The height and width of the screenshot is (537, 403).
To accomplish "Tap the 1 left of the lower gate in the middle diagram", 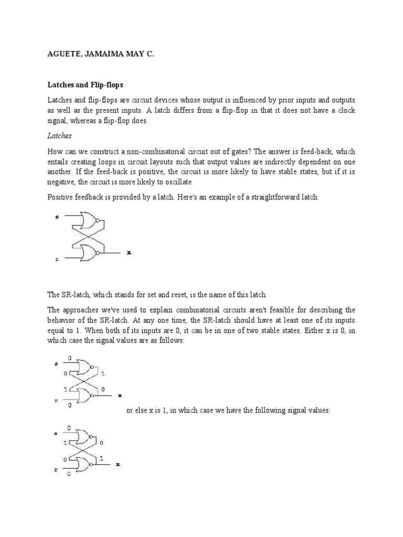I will click(x=65, y=390).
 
